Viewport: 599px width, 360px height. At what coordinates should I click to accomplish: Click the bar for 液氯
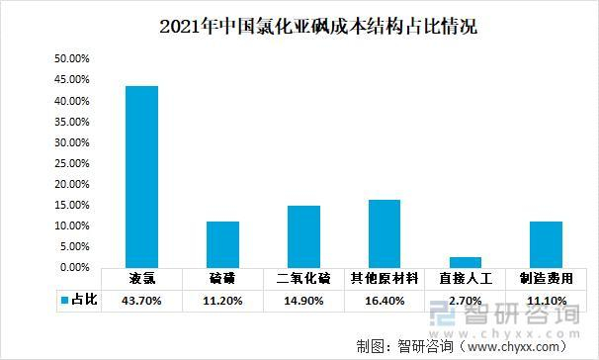click(141, 177)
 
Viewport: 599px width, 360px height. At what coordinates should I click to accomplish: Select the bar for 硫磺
click(222, 244)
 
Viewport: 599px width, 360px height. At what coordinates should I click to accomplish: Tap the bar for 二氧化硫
click(303, 236)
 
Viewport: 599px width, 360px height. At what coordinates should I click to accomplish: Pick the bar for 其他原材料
click(385, 233)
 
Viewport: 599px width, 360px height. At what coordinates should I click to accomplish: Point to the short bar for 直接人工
click(465, 262)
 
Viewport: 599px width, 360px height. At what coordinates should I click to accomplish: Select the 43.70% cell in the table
click(141, 299)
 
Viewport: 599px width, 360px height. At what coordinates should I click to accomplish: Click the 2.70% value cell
click(466, 299)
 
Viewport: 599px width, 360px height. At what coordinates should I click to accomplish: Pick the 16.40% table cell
click(385, 299)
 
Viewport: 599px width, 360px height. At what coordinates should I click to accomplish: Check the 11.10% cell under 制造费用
click(546, 299)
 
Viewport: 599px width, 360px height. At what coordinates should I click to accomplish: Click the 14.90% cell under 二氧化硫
click(303, 299)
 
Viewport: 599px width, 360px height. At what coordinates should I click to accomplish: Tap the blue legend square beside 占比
click(63, 299)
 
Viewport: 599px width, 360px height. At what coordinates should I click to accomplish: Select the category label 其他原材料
click(385, 278)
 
